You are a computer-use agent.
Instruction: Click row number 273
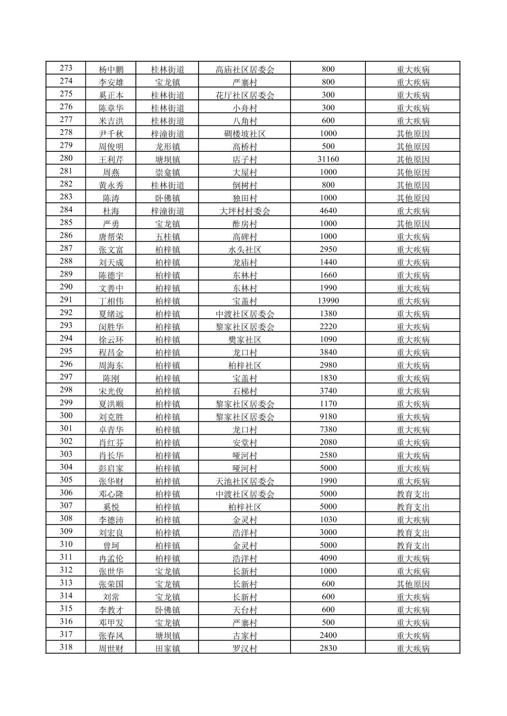click(66, 68)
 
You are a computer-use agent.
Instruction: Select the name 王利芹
click(111, 159)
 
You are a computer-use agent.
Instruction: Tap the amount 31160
click(328, 159)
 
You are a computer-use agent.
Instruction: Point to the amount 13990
click(328, 301)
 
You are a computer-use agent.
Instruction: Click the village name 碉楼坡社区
click(244, 134)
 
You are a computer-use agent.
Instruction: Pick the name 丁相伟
click(111, 301)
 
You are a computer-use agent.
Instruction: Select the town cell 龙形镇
click(167, 147)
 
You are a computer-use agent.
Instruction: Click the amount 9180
click(328, 417)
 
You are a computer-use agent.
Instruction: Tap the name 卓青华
click(111, 429)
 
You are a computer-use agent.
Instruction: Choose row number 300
click(66, 416)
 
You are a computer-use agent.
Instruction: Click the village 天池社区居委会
click(244, 481)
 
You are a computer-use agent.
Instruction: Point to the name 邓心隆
click(111, 494)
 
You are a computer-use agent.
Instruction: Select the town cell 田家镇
click(167, 648)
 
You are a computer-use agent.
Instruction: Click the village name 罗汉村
click(244, 648)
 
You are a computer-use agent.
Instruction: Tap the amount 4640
click(328, 211)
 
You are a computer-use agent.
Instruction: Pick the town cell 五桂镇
click(167, 237)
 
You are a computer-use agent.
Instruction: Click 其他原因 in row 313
click(413, 584)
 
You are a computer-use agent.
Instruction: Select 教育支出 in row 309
click(413, 533)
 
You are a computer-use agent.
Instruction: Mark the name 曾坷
click(111, 545)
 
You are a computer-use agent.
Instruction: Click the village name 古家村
click(244, 635)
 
